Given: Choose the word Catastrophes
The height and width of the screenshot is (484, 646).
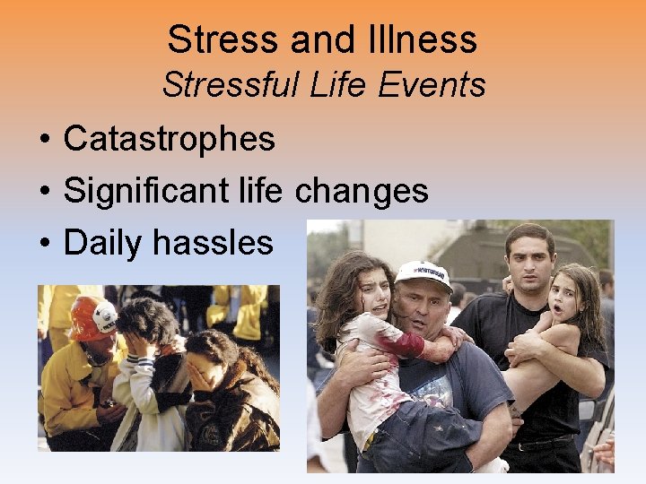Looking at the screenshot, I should [170, 139].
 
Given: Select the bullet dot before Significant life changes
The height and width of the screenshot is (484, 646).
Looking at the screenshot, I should [43, 192].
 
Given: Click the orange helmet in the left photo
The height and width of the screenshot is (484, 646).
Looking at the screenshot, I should [92, 316].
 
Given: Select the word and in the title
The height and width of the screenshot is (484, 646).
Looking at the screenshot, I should [321, 39].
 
